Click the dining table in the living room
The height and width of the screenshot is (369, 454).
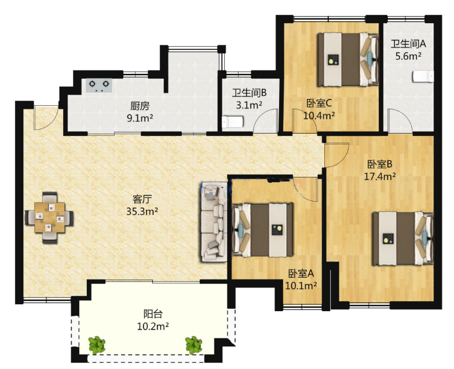[x=49, y=217]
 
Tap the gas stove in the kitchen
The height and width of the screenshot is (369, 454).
[x=98, y=86]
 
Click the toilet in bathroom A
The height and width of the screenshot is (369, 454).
[x=423, y=76]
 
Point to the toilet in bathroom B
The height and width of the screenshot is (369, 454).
[x=233, y=122]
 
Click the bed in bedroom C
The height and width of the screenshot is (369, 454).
[x=348, y=60]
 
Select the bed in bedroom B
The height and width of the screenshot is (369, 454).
[x=403, y=238]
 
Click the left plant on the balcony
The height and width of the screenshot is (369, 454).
[x=97, y=345]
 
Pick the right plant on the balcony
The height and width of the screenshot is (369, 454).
[x=193, y=345]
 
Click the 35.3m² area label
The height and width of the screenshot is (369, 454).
[x=142, y=212]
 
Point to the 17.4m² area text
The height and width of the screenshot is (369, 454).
[x=380, y=176]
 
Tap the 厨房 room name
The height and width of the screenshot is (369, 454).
[x=140, y=106]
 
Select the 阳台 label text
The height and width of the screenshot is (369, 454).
[x=153, y=313]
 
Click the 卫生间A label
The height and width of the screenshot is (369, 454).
[x=408, y=44]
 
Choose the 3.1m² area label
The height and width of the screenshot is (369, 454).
[x=249, y=105]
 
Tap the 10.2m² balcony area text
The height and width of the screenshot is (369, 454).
[x=153, y=327]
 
